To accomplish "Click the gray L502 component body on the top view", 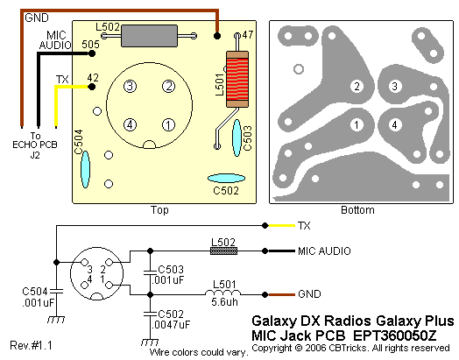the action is tap(149, 36).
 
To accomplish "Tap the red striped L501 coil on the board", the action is tap(237, 80).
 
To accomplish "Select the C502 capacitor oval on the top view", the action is tap(226, 178).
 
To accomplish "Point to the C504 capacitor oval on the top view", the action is tap(85, 169).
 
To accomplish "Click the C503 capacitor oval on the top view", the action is tap(237, 138).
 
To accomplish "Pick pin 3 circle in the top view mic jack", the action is tap(130, 87).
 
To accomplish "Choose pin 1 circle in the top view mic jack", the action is tap(168, 125).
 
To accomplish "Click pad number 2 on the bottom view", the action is tap(357, 87).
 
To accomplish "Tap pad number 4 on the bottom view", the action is tap(394, 125).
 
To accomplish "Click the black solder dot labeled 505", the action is tap(92, 53).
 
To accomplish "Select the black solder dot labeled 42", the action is tap(92, 87).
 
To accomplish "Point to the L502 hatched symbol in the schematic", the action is tap(223, 251).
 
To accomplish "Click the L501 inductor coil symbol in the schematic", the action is tap(222, 292).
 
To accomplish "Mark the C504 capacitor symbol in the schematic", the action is tap(56, 291).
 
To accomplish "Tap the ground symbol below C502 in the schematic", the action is tap(150, 342).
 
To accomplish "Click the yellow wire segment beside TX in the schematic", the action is tap(281, 225).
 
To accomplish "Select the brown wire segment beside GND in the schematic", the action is tap(281, 294).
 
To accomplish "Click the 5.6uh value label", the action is tap(224, 302).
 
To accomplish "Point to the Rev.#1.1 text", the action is tap(31, 345).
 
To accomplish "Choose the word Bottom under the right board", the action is tap(357, 210).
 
